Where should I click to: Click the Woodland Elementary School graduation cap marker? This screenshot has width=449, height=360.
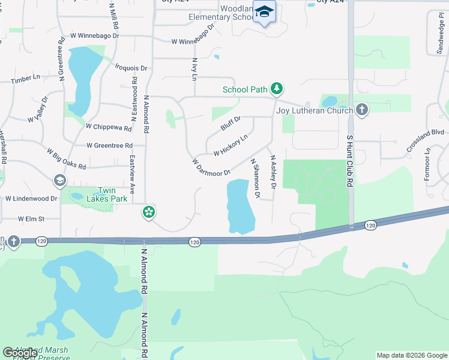coord(264,13)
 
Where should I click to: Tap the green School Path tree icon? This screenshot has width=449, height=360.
coord(276,89)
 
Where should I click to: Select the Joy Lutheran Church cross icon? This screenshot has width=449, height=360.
coord(361,110)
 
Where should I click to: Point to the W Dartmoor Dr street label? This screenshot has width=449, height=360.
coord(211,167)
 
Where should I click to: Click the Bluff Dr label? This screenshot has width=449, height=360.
coord(231,123)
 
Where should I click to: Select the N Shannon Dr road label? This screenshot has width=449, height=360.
coord(255,178)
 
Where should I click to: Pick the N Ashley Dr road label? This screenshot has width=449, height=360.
coord(273,173)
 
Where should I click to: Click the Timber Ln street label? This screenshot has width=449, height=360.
coord(25,79)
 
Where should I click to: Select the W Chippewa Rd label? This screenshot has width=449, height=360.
coord(109,127)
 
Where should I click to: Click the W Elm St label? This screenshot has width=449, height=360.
coord(32,219)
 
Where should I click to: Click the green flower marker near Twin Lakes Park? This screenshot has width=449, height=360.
coord(149,212)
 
